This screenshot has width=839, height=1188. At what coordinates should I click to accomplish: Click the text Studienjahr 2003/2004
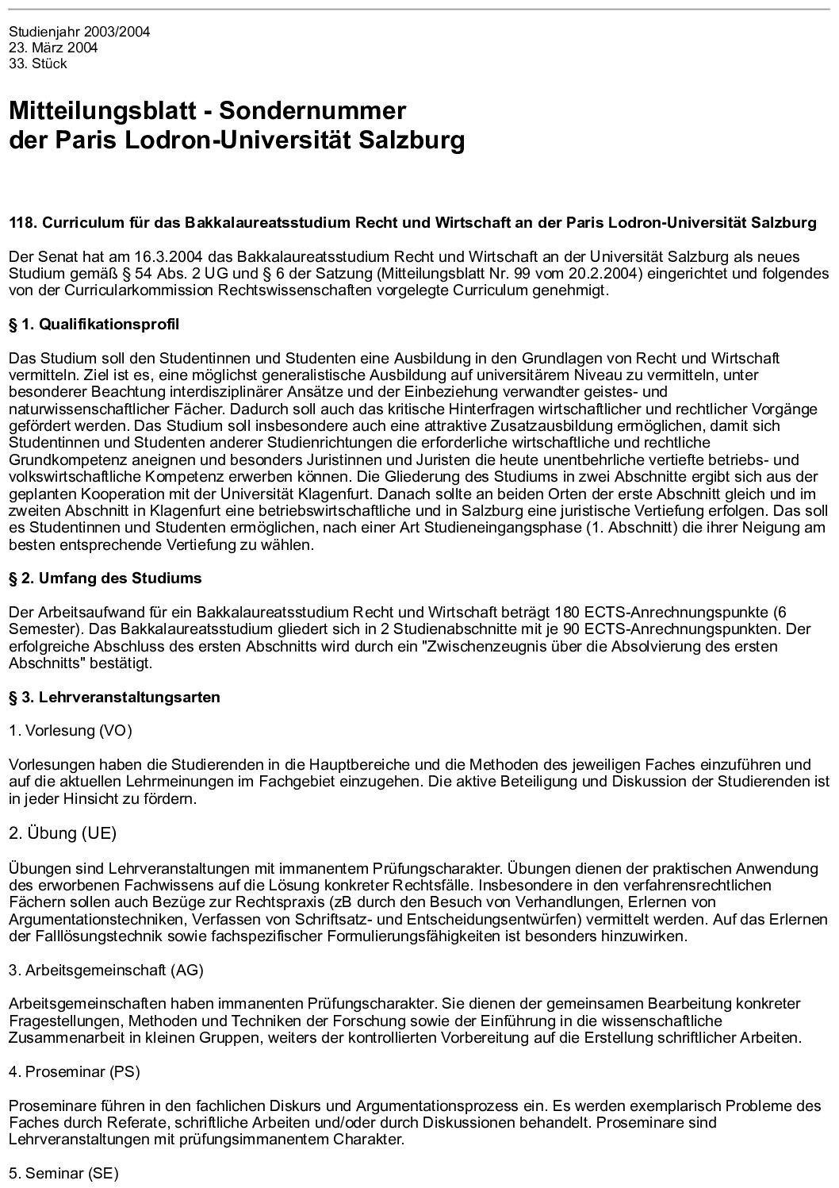[79, 33]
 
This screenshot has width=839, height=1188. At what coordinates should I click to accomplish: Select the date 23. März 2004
[53, 48]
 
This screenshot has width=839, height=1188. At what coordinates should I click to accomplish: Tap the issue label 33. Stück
[38, 64]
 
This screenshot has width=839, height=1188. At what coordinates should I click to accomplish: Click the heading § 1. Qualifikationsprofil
[94, 324]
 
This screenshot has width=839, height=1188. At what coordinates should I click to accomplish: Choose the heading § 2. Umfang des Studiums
[105, 579]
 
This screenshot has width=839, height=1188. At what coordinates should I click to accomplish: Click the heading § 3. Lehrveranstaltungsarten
[114, 698]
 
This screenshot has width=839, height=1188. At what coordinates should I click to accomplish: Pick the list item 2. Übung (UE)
[63, 832]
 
